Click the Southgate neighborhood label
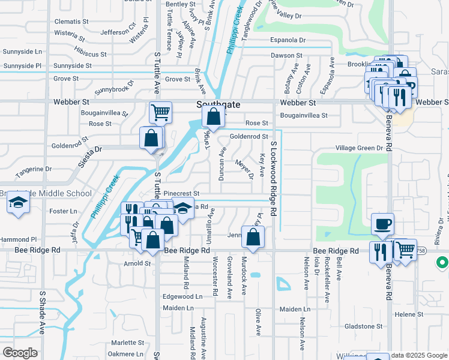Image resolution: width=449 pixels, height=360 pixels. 218,104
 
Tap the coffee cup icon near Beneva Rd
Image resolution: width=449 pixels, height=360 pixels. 382,224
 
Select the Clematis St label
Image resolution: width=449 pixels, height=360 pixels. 71,21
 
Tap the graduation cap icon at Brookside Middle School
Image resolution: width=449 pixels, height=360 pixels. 18,204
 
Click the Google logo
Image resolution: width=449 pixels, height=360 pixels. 20,352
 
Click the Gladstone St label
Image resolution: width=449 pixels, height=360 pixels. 368,326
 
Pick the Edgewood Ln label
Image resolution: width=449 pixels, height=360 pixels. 182,296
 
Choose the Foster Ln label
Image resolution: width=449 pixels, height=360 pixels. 63,211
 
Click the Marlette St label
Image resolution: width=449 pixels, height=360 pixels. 127,343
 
